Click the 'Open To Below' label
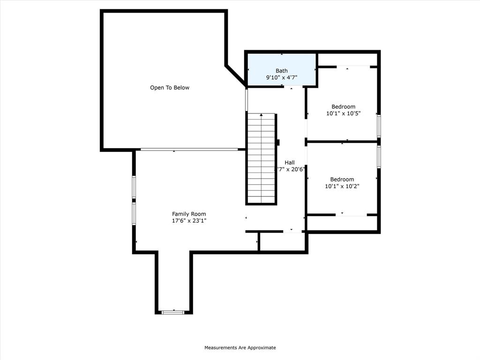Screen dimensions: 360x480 (x=170, y=88)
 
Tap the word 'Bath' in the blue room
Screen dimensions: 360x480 (x=282, y=71)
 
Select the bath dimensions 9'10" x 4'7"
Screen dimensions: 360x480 (x=282, y=78)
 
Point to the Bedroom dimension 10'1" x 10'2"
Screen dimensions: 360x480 (x=342, y=186)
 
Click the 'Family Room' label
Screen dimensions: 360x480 (x=189, y=214)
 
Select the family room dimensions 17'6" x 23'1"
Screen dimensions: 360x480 (x=189, y=220)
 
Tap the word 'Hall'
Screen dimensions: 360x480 (x=290, y=162)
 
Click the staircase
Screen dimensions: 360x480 (x=261, y=159)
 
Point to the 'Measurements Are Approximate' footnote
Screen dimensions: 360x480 (x=240, y=348)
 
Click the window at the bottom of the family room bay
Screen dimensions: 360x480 (x=173, y=312)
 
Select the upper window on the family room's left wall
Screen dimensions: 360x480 (x=134, y=187)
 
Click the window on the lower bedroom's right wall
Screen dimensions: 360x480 (x=379, y=157)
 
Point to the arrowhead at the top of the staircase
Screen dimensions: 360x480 (x=261, y=115)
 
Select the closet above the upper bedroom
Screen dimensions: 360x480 (x=347, y=60)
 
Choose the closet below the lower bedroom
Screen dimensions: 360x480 (x=342, y=223)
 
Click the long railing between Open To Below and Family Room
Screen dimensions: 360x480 (x=189, y=150)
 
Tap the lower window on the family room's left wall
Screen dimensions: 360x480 (x=134, y=213)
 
